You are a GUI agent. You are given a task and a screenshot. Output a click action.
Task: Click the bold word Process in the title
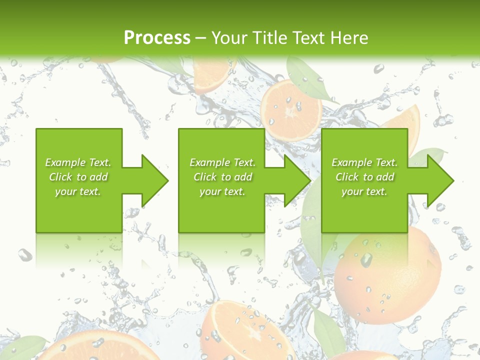157,37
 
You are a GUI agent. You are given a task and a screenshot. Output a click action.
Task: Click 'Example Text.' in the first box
78,162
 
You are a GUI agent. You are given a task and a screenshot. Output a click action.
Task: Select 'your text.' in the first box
78,191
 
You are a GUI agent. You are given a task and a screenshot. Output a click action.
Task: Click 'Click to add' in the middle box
222,177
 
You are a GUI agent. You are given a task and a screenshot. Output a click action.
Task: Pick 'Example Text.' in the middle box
222,162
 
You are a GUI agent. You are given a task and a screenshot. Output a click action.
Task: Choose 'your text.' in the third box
364,191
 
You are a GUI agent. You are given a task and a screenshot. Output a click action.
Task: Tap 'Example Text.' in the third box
364,162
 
